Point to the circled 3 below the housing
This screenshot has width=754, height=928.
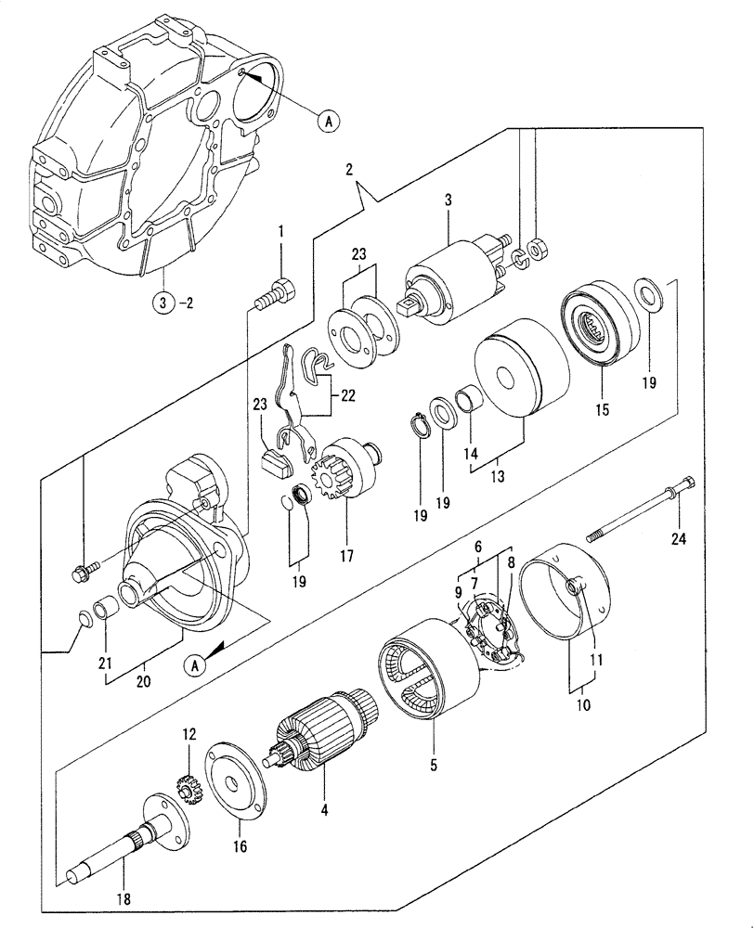pyautogui.click(x=163, y=302)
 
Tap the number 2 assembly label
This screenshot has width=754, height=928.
pyautogui.click(x=349, y=169)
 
